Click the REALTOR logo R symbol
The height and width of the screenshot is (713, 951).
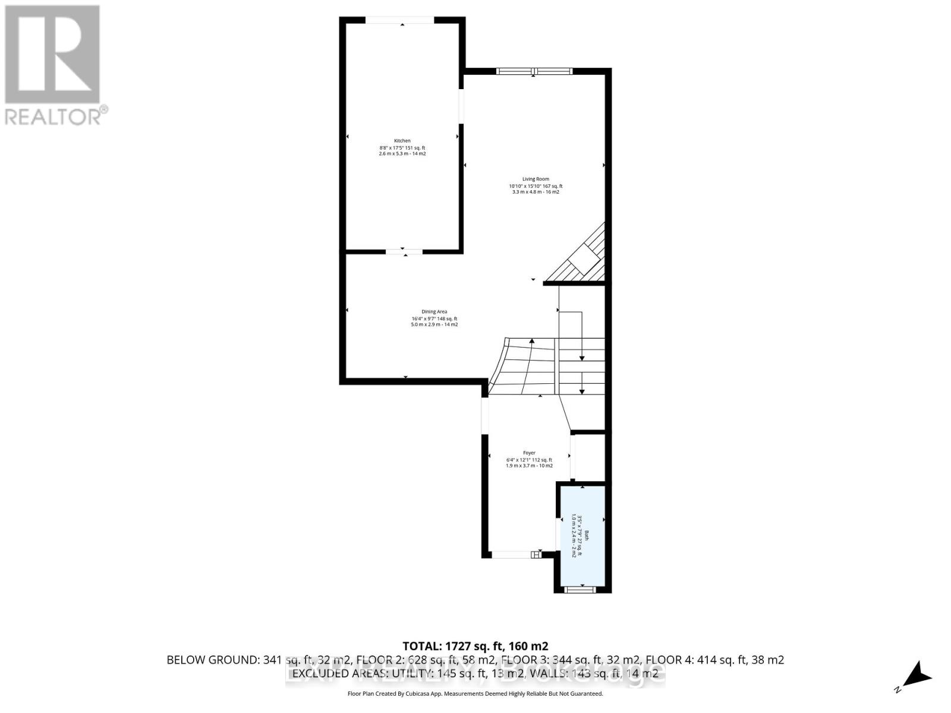point(52,55)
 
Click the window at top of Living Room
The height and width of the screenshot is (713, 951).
point(534,71)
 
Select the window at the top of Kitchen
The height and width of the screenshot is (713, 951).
point(399,20)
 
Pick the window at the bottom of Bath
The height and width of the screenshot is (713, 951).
point(579,589)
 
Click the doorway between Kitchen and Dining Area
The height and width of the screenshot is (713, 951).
point(404,252)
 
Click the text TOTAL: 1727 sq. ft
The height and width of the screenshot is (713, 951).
point(475,646)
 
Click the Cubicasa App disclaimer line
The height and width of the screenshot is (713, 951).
point(475,693)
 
